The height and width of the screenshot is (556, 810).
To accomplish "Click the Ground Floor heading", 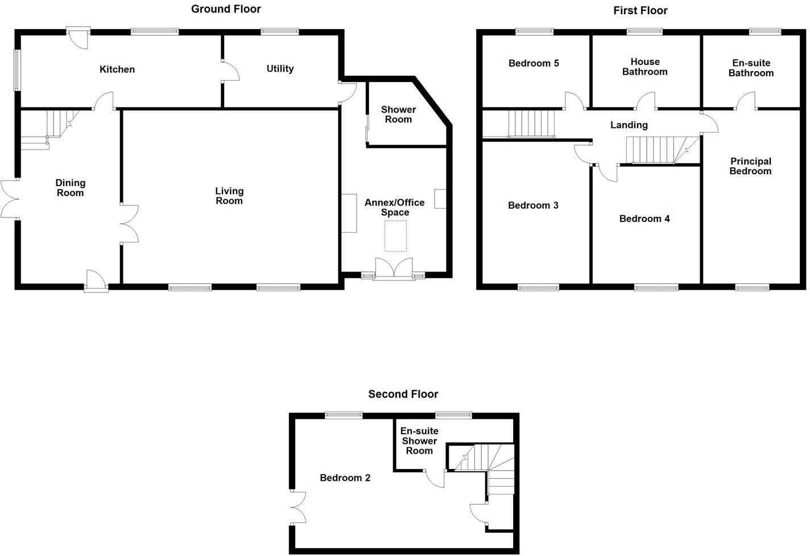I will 226,9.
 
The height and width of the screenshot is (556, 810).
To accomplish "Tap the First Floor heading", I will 640,11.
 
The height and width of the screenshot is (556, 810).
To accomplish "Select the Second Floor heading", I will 403,394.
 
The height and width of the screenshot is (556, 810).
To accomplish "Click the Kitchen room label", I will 117,69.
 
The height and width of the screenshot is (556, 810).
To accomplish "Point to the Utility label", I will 280,69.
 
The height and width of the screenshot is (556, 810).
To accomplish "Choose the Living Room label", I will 229,196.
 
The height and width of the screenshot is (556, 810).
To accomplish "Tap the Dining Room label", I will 70,188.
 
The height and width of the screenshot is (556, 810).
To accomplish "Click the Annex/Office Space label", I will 395,208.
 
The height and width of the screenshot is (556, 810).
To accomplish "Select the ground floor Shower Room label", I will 398,114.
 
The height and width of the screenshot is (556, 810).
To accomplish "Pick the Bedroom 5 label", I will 534,63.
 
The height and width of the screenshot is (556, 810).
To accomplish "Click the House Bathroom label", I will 644,67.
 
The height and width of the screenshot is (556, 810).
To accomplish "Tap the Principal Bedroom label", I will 750,166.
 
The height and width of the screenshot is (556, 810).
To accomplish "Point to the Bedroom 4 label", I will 644,219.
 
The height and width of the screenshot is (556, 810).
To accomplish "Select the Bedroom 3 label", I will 533,205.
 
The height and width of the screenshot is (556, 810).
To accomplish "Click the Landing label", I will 629,125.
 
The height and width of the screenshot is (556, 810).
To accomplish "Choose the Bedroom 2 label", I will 345,478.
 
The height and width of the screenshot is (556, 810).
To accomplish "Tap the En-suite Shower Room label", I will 419,441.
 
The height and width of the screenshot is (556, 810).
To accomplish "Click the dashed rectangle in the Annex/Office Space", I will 396,236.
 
